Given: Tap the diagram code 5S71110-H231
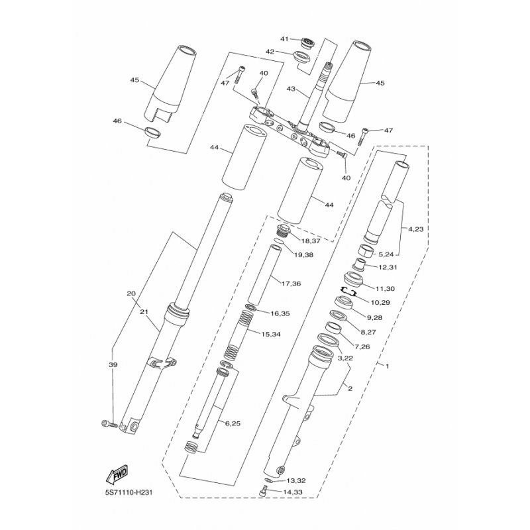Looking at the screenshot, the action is tap(129, 492).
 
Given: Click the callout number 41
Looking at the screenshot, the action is tap(285, 39).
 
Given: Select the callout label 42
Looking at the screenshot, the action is tap(270, 52).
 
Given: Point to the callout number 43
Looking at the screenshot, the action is tap(291, 89).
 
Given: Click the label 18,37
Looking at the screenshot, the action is tap(311, 241).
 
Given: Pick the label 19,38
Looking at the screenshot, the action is tap(303, 255).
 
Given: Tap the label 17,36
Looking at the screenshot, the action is tap(291, 284).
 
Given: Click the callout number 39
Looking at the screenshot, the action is tap(113, 365).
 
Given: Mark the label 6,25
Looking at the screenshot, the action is tap(233, 423).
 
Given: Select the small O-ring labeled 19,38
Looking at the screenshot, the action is tap(280, 241).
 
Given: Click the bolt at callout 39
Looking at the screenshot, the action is tap(109, 423).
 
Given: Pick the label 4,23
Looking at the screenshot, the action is tap(416, 229).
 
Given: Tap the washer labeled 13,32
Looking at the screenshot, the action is tap(268, 480).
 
